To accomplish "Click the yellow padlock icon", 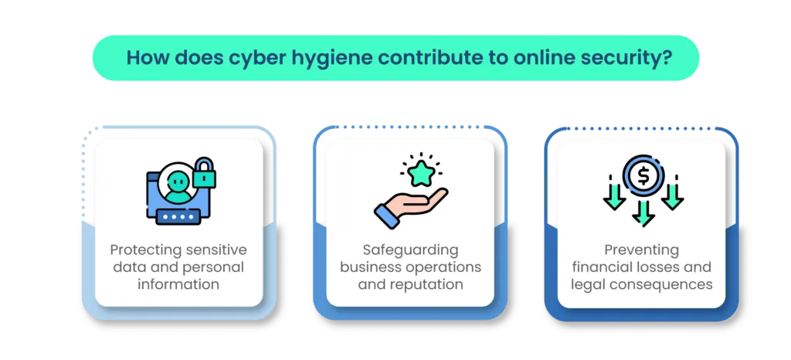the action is click(x=204, y=175).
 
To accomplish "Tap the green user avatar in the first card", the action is click(x=178, y=185).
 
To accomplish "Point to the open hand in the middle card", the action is click(x=413, y=205).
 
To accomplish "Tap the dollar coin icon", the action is click(x=642, y=175).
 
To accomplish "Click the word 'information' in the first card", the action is click(x=178, y=284).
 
